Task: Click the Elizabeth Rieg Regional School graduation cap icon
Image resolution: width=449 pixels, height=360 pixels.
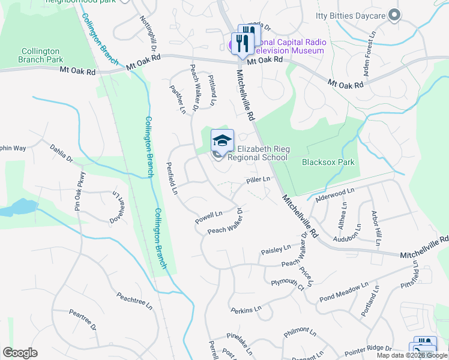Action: (222, 141)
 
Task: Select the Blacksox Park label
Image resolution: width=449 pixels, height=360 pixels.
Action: (328, 162)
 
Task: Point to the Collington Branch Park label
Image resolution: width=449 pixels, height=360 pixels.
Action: (40, 56)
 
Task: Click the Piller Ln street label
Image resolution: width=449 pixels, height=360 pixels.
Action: (259, 180)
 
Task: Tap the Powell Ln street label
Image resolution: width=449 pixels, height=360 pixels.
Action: (209, 217)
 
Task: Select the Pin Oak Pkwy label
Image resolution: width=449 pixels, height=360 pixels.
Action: (77, 195)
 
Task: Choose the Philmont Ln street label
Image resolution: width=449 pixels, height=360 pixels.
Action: (300, 331)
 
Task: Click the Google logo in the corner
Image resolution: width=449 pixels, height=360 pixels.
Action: (20, 353)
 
